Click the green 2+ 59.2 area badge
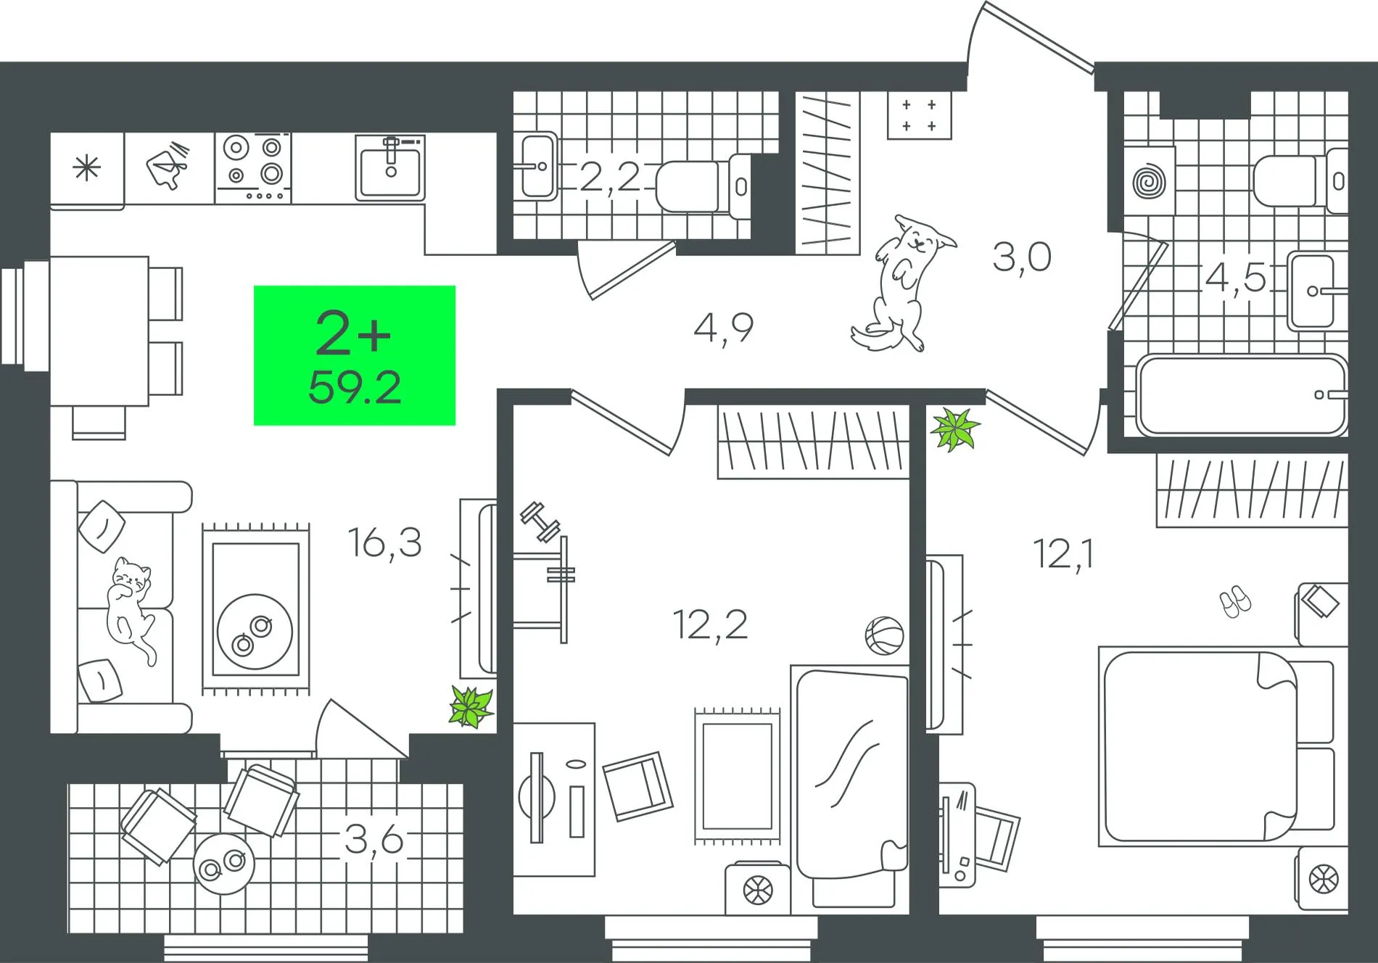[355, 355]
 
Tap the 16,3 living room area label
[384, 542]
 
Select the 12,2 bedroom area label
[710, 624]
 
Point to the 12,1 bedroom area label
[1064, 555]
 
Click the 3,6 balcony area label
[374, 840]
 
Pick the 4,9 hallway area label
[724, 328]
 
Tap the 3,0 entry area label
[1022, 257]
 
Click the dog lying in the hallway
[903, 283]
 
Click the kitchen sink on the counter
[390, 168]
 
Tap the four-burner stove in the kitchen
[253, 168]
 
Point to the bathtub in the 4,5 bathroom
[1241, 394]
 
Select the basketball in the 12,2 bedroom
[884, 635]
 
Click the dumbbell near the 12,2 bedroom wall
[540, 522]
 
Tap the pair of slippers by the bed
[1234, 602]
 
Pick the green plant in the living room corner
[471, 706]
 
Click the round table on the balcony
[224, 864]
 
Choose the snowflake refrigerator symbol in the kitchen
[87, 169]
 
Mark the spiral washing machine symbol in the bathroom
[1150, 181]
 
